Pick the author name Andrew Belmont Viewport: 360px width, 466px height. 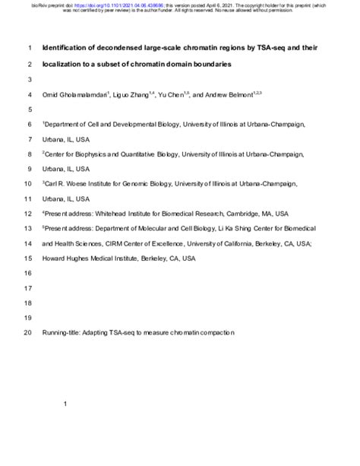point(248,95)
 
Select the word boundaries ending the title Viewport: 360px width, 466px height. point(210,65)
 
